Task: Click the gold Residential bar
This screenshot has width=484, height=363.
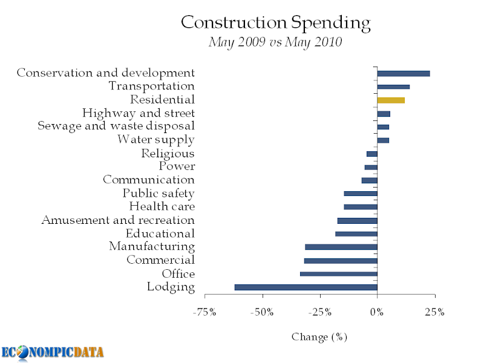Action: (x=391, y=100)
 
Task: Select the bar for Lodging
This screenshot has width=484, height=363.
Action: (x=306, y=287)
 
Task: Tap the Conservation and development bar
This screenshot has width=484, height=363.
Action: (x=403, y=74)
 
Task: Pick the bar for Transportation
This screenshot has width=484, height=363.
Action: (x=393, y=87)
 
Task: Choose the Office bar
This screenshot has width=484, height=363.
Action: (x=338, y=274)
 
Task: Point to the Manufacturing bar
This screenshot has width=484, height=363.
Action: (x=341, y=247)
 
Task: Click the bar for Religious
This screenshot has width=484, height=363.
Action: (x=371, y=154)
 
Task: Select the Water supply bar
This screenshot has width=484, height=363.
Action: (x=383, y=140)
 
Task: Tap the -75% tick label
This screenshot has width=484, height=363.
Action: (x=204, y=313)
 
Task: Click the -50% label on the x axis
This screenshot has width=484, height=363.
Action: (x=262, y=313)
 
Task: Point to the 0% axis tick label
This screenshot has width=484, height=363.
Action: (x=377, y=313)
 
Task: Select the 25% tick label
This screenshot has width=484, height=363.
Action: (x=434, y=313)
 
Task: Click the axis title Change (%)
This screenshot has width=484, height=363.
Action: (x=319, y=336)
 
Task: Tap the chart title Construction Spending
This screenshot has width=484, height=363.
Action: (x=275, y=23)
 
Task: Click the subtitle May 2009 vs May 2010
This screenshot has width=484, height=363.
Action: (x=275, y=42)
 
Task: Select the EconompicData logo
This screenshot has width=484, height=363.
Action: (x=52, y=352)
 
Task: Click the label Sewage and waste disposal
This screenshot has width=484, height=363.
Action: (x=116, y=126)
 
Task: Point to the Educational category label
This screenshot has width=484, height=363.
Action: (x=160, y=234)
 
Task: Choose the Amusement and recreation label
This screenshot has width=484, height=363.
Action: (x=118, y=220)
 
